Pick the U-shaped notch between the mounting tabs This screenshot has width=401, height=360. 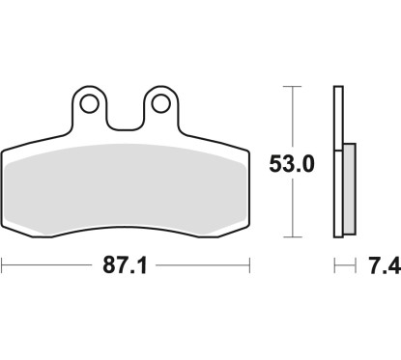[125, 114]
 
